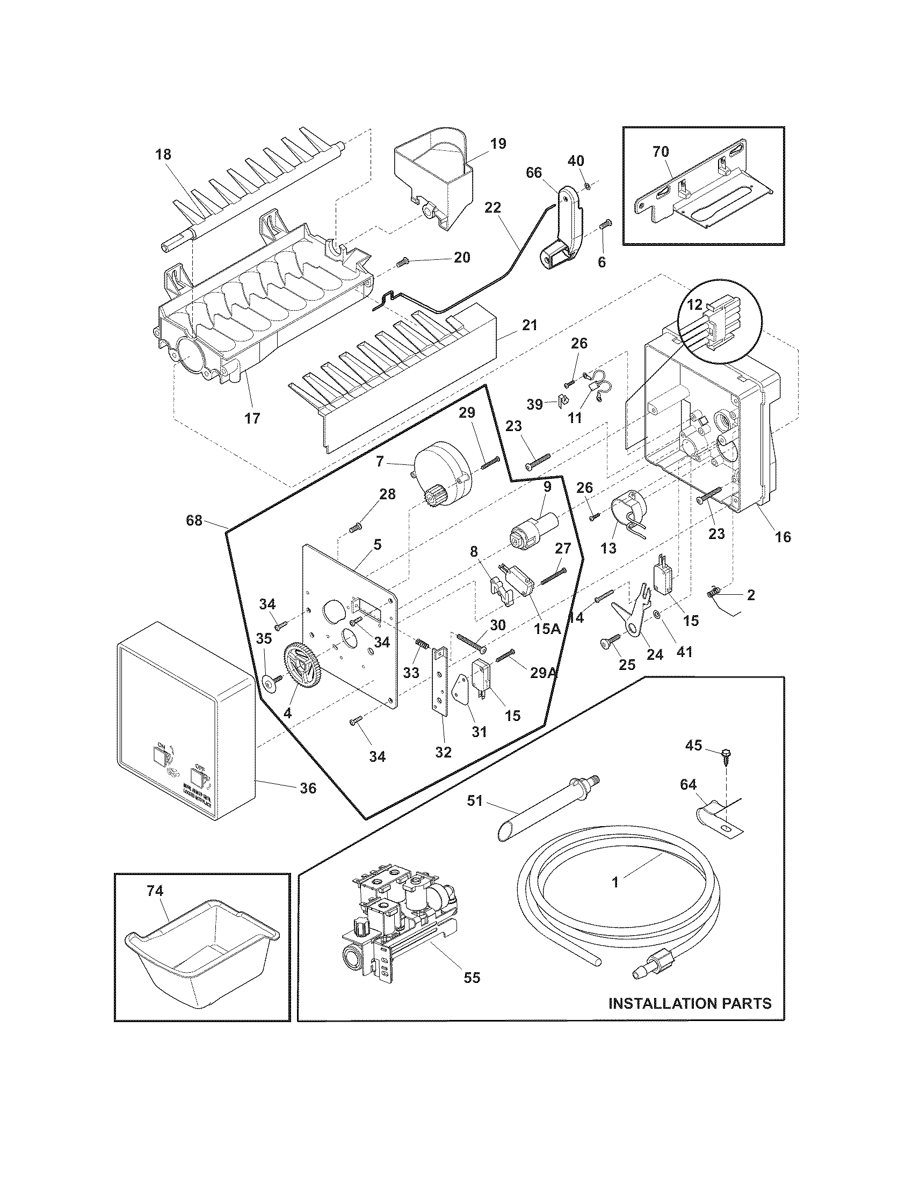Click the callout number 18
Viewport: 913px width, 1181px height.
163,154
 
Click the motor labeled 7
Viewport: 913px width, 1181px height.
443,471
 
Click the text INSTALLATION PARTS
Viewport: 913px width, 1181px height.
690,1004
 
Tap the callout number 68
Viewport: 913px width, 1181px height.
194,520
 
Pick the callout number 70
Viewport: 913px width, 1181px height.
661,152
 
